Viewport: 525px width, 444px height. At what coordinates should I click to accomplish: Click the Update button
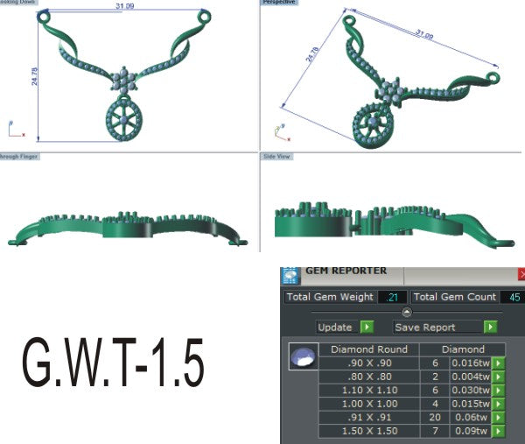point(345,327)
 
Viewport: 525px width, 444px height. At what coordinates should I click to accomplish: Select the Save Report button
point(445,327)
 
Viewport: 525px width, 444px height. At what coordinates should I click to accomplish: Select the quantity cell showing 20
point(435,418)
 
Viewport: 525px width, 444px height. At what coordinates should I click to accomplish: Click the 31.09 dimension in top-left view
point(125,7)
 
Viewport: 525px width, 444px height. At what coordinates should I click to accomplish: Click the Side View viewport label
point(276,157)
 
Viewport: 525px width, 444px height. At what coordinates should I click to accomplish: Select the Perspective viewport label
point(280,3)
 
